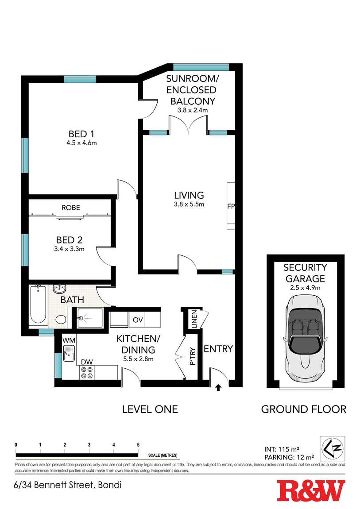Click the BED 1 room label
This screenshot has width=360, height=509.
tap(81, 134)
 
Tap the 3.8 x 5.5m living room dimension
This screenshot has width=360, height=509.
tap(189, 204)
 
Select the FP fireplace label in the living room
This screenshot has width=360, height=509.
tap(231, 206)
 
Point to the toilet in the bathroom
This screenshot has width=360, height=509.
tap(61, 320)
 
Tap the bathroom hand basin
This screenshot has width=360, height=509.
tap(59, 289)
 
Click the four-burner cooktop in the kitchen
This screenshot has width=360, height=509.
tap(87, 372)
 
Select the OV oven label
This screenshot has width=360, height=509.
tap(138, 320)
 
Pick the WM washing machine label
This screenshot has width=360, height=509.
tap(69, 340)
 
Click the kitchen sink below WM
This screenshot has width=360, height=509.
tap(69, 353)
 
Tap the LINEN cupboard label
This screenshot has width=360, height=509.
tap(194, 320)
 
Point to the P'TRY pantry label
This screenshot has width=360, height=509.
tap(193, 356)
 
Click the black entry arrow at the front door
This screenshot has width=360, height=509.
tap(218, 387)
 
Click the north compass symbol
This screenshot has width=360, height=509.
tap(333, 448)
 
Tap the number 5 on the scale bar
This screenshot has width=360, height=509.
tap(138, 445)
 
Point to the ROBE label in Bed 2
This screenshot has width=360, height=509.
tap(71, 208)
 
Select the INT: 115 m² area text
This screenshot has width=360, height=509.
tap(282, 450)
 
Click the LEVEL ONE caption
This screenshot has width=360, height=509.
tap(150, 409)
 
